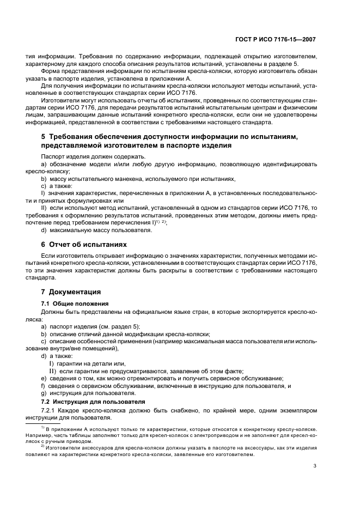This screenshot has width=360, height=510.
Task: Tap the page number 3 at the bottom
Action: coord(315,465)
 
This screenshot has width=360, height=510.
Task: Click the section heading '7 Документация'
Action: coord(71,292)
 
